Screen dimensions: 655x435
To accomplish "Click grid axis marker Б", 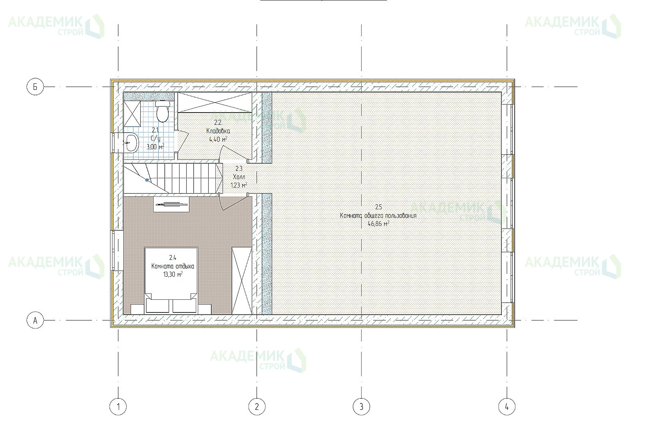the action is (35, 87).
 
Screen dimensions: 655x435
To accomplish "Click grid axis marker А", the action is (35, 320).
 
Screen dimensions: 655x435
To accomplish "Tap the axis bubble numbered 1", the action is (118, 407).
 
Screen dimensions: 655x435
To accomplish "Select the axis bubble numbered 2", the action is (257, 407).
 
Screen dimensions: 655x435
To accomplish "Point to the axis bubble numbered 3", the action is (361, 407).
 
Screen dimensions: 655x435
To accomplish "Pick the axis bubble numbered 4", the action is (507, 407).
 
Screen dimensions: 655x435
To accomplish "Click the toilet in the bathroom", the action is (163, 111).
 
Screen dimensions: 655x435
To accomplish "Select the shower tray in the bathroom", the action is (132, 114).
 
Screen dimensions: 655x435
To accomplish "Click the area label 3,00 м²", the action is (155, 146).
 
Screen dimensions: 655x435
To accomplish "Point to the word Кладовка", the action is (218, 131).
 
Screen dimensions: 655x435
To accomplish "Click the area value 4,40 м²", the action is (218, 139).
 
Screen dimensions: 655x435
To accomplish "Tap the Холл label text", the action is (239, 177).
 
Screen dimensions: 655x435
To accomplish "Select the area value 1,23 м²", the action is (239, 185).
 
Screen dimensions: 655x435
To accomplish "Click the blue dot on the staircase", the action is (147, 180).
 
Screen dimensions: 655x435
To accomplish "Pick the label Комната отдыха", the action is (173, 266).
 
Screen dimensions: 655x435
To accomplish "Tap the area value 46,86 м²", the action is (378, 224).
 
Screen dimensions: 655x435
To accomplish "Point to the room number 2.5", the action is (378, 207).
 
